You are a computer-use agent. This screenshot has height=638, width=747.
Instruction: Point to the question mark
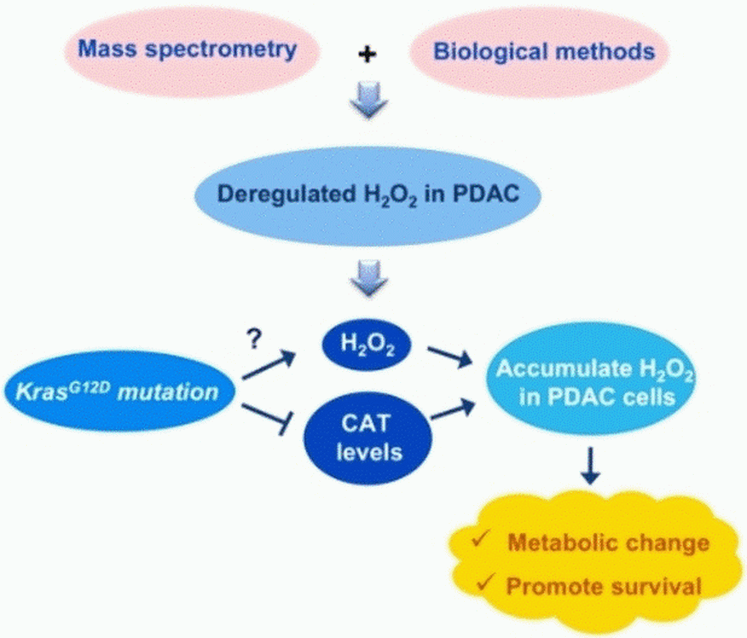pos(254,342)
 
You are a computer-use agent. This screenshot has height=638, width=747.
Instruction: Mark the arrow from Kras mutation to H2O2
pos(269,368)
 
